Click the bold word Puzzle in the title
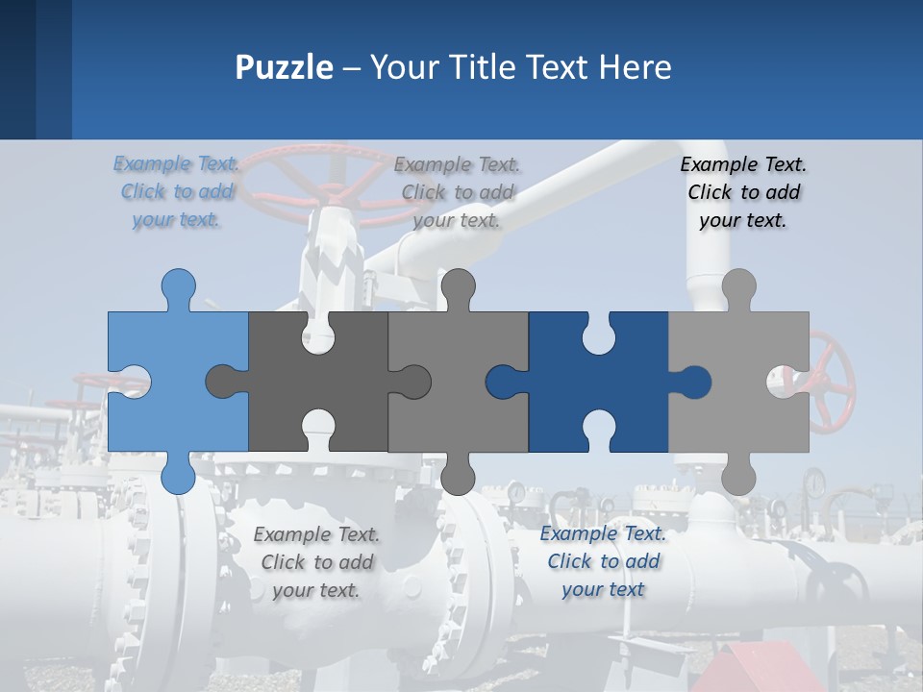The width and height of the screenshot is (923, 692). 285,67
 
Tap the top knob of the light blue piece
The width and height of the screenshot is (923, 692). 178,286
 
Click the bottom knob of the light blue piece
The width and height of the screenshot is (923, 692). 178,475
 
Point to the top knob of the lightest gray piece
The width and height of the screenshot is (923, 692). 738,286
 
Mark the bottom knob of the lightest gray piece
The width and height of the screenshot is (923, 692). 738,475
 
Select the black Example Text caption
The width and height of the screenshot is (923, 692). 743,192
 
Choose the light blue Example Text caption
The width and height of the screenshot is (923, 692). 178,192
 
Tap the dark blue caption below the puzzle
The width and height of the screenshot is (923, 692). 603,561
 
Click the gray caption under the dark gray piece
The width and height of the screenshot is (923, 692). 316,562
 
